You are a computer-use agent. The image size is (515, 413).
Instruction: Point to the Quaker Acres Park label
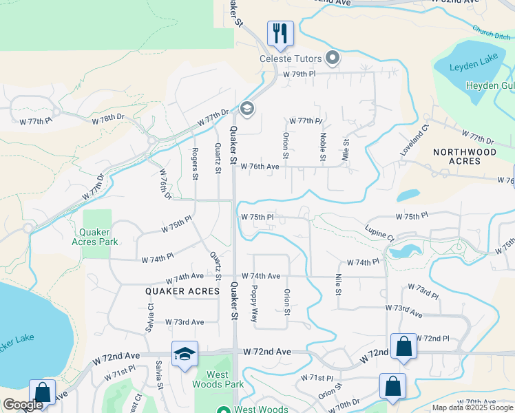(x=95, y=236)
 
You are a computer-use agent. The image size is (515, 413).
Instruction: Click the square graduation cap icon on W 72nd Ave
(x=185, y=354)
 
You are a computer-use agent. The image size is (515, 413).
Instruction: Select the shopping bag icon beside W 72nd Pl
(x=403, y=347)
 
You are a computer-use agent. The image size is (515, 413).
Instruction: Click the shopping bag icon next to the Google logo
(x=42, y=393)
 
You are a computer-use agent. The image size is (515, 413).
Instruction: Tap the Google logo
(x=23, y=405)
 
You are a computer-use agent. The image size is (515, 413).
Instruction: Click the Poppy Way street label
(x=254, y=304)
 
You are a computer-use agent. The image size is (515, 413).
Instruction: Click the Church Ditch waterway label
(x=490, y=32)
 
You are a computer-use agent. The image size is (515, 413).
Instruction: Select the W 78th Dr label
(x=109, y=119)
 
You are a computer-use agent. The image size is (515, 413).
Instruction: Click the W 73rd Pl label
(x=423, y=290)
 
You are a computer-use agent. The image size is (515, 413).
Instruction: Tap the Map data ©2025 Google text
(x=472, y=407)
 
